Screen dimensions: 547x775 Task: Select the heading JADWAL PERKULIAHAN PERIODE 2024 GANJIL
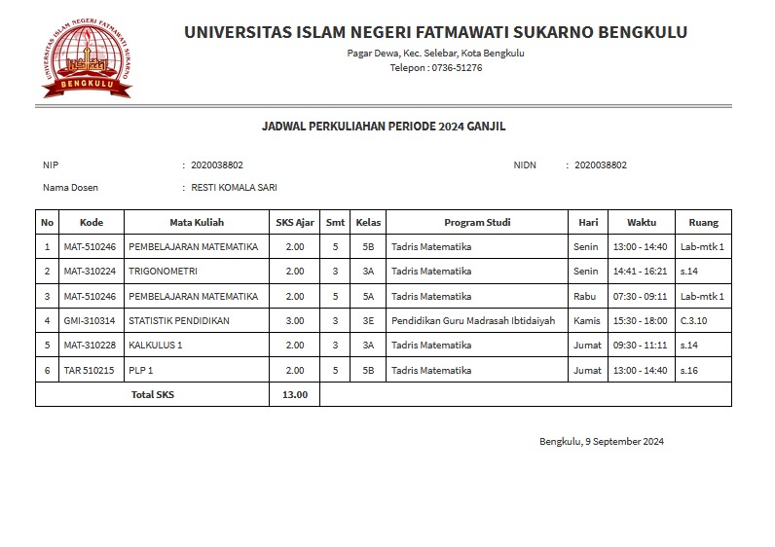[384, 127]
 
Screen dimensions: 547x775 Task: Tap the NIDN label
[525, 164]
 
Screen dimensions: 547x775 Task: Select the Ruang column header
[703, 222]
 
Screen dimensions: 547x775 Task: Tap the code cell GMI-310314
[90, 320]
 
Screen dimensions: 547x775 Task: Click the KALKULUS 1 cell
[155, 345]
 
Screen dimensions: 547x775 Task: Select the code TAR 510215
[90, 370]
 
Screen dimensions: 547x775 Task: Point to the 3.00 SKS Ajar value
[294, 320]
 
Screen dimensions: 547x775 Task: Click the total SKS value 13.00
[294, 394]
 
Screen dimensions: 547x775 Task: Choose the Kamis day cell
[587, 320]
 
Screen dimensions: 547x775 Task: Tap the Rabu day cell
[585, 296]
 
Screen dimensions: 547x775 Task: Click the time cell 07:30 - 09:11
[641, 296]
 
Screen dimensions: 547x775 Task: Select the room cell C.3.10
[695, 320]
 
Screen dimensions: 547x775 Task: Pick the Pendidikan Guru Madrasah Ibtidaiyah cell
[473, 320]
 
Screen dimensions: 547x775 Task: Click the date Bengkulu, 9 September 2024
[602, 442]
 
